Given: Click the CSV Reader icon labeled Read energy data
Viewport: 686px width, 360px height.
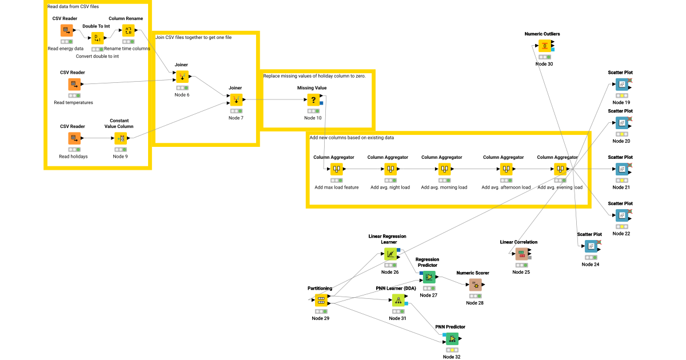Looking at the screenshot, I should [x=67, y=30].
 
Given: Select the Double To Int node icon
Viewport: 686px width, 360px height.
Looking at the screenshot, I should [x=97, y=38].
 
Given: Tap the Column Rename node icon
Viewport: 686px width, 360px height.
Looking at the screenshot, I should [x=128, y=30].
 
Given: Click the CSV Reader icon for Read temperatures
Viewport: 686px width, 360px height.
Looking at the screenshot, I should [x=73, y=85].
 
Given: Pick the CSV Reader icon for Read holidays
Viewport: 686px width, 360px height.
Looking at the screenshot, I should [x=73, y=138].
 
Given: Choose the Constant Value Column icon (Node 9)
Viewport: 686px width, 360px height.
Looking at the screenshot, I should [x=121, y=138].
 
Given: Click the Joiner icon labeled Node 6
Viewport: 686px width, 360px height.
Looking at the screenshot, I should [x=182, y=77].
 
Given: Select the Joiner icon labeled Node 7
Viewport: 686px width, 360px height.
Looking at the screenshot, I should [x=236, y=100].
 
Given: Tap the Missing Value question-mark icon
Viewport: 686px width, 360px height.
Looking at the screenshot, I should [x=313, y=100].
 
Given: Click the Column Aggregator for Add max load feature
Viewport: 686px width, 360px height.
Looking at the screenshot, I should [x=336, y=169].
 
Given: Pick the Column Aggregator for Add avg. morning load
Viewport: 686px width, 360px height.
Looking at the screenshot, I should [x=444, y=169].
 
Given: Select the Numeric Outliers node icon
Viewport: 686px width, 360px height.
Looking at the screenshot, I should [x=544, y=46].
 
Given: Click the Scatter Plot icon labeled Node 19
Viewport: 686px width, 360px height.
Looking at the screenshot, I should [x=621, y=85].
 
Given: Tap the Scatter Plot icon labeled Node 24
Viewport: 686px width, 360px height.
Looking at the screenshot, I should [x=591, y=246].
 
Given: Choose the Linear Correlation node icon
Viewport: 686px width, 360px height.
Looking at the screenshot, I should [x=521, y=254].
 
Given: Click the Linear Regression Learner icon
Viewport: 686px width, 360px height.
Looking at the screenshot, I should [x=390, y=254].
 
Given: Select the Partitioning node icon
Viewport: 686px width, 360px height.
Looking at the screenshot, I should [x=320, y=300].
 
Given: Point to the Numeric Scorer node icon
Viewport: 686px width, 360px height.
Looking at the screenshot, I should [x=474, y=285].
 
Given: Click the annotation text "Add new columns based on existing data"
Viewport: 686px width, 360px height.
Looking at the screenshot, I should [x=352, y=138].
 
